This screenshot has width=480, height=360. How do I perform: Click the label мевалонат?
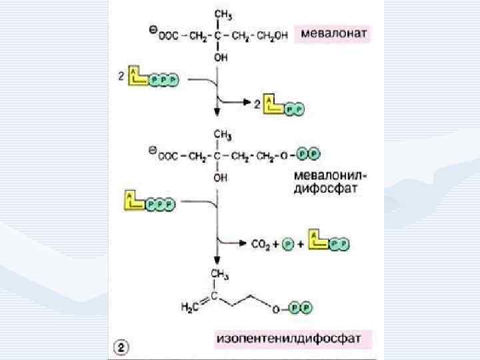pyautogui.click(x=332, y=33)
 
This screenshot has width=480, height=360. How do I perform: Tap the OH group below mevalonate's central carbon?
pyautogui.click(x=219, y=58)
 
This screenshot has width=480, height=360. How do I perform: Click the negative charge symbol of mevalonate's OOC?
pyautogui.click(x=152, y=29)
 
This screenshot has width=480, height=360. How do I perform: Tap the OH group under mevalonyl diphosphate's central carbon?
pyautogui.click(x=219, y=178)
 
